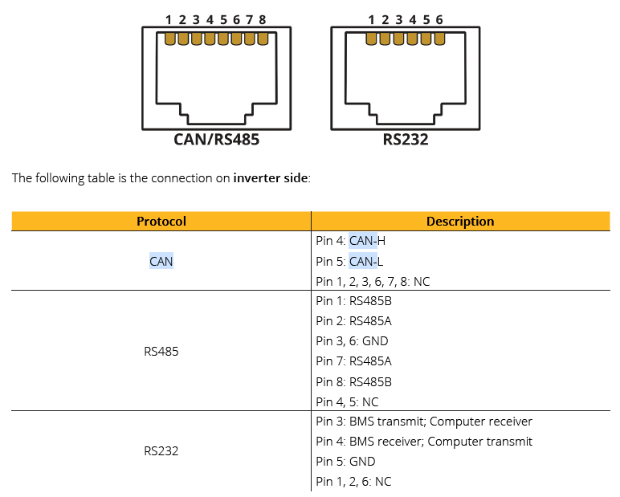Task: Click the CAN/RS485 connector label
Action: pos(216,139)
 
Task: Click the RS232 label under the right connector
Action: pos(405,139)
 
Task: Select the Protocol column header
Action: pos(161,222)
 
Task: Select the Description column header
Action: pos(460,222)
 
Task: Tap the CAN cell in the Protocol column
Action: pos(161,261)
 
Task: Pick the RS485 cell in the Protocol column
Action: pos(161,351)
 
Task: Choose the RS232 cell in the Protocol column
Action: pos(161,451)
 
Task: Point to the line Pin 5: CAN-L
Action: pos(351,261)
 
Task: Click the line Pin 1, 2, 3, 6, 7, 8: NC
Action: pos(373,281)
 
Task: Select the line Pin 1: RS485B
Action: pos(353,301)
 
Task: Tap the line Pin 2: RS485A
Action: pos(353,321)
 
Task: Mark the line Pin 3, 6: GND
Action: pos(352,341)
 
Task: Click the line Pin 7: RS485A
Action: pos(353,361)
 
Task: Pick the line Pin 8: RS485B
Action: pos(353,381)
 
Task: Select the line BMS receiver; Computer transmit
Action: pos(424,442)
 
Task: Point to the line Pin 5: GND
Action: pos(345,462)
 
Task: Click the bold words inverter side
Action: pos(271,178)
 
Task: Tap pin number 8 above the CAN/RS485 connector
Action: pos(263,19)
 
